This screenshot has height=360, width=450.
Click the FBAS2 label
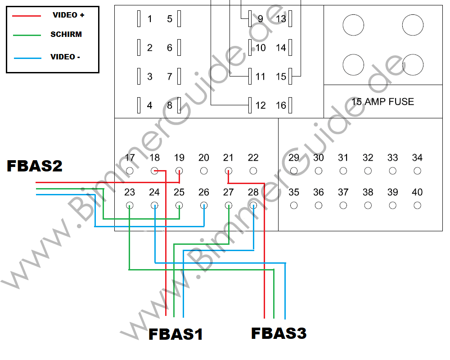point(35,166)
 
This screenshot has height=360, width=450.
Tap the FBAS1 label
point(175,334)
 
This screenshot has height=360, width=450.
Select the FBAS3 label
point(279,333)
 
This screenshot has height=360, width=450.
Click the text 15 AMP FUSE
point(382,102)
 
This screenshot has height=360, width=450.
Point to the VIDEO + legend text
point(68,15)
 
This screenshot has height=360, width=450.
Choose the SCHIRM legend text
point(66,34)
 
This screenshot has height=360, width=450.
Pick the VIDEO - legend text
point(65,57)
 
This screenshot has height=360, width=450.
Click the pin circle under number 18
point(154,171)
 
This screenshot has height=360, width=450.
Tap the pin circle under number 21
point(229,171)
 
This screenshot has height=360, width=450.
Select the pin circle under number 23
point(130,206)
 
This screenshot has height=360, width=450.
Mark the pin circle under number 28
point(253,206)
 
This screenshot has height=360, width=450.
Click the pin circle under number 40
point(418,206)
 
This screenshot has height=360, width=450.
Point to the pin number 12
point(261,106)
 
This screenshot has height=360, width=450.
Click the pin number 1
point(150,19)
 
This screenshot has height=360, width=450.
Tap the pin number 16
point(281,106)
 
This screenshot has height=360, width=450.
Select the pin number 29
point(294,157)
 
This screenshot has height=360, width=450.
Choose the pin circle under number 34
point(418,171)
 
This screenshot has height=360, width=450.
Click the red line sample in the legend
point(27,15)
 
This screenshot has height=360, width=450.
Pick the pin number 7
point(170,77)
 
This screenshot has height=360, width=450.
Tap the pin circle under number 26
point(204,206)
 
